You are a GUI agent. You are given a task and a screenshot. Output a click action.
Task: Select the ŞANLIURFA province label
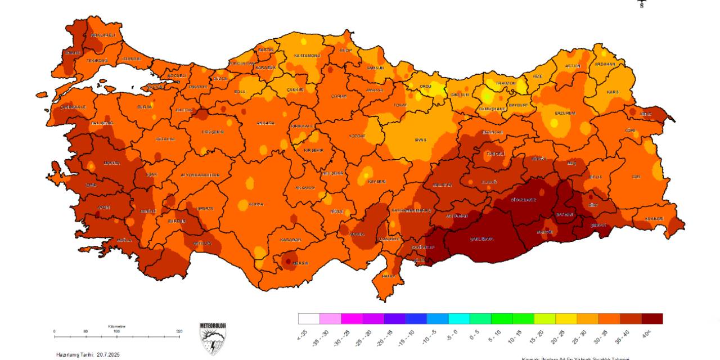[481, 239]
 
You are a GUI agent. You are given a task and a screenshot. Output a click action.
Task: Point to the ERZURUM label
[565, 113]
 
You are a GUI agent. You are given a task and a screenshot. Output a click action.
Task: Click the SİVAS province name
[421, 139]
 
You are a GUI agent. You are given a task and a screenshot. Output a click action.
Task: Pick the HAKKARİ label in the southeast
[654, 218]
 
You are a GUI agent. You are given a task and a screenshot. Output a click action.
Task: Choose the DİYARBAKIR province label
[523, 200]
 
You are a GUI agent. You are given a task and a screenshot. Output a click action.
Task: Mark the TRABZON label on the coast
[505, 83]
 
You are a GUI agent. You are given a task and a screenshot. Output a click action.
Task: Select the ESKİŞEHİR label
[213, 132]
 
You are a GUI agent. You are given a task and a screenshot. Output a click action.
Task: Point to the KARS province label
[613, 92]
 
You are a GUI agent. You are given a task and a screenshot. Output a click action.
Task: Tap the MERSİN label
[300, 263]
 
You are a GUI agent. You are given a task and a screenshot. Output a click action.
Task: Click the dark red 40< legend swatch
[652, 319]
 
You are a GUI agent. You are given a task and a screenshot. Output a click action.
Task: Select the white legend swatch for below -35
[309, 319]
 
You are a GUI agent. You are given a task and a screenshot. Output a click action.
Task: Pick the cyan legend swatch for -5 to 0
[459, 319]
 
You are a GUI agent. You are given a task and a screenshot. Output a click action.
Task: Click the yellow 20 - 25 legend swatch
[566, 319]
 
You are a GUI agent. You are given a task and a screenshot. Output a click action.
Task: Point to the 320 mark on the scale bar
[179, 332]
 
